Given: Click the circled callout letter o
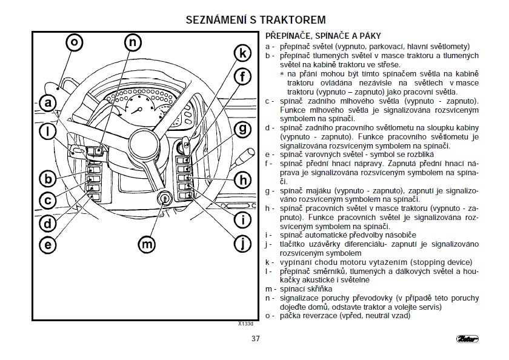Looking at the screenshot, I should [74, 42].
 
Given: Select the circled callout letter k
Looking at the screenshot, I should [242, 53].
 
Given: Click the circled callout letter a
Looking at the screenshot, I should [48, 104].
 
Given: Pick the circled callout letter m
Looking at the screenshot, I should [146, 244].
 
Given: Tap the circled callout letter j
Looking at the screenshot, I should [242, 244].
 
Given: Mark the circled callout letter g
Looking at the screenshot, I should [242, 128].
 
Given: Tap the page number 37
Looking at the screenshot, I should [255, 338].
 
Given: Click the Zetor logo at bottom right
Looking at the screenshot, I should [465, 338].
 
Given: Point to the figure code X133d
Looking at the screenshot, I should [245, 324].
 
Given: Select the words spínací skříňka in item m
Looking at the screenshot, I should [306, 289].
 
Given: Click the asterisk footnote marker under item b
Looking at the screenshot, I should [282, 73].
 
